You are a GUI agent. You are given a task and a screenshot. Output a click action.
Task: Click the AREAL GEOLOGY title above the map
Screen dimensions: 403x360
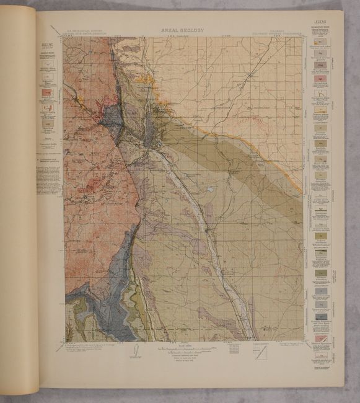182,30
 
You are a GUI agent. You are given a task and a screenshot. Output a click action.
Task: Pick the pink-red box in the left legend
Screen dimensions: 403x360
47,94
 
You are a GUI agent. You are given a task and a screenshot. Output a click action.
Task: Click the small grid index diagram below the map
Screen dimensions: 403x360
234,348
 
